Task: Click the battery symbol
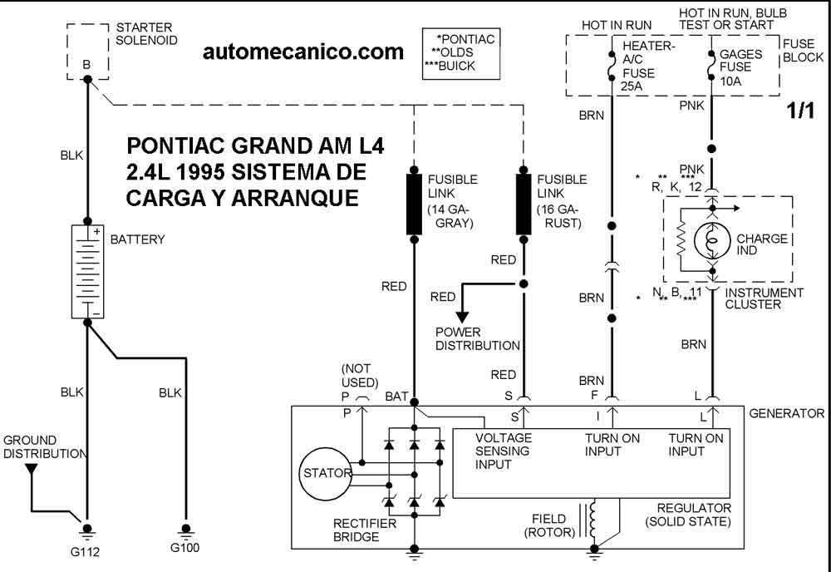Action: [87, 271]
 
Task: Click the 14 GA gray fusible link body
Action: [415, 204]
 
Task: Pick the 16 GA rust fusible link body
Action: [524, 204]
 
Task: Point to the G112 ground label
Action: [85, 552]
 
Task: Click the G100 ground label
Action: [185, 548]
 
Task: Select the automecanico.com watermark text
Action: [303, 52]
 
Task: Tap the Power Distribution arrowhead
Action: [462, 317]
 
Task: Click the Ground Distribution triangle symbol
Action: [32, 469]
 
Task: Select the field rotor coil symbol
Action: [593, 520]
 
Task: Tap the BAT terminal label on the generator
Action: [396, 396]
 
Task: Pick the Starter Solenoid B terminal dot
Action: [88, 80]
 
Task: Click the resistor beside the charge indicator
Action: [681, 241]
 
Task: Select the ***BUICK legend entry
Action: [450, 67]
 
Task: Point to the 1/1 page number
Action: [800, 111]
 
